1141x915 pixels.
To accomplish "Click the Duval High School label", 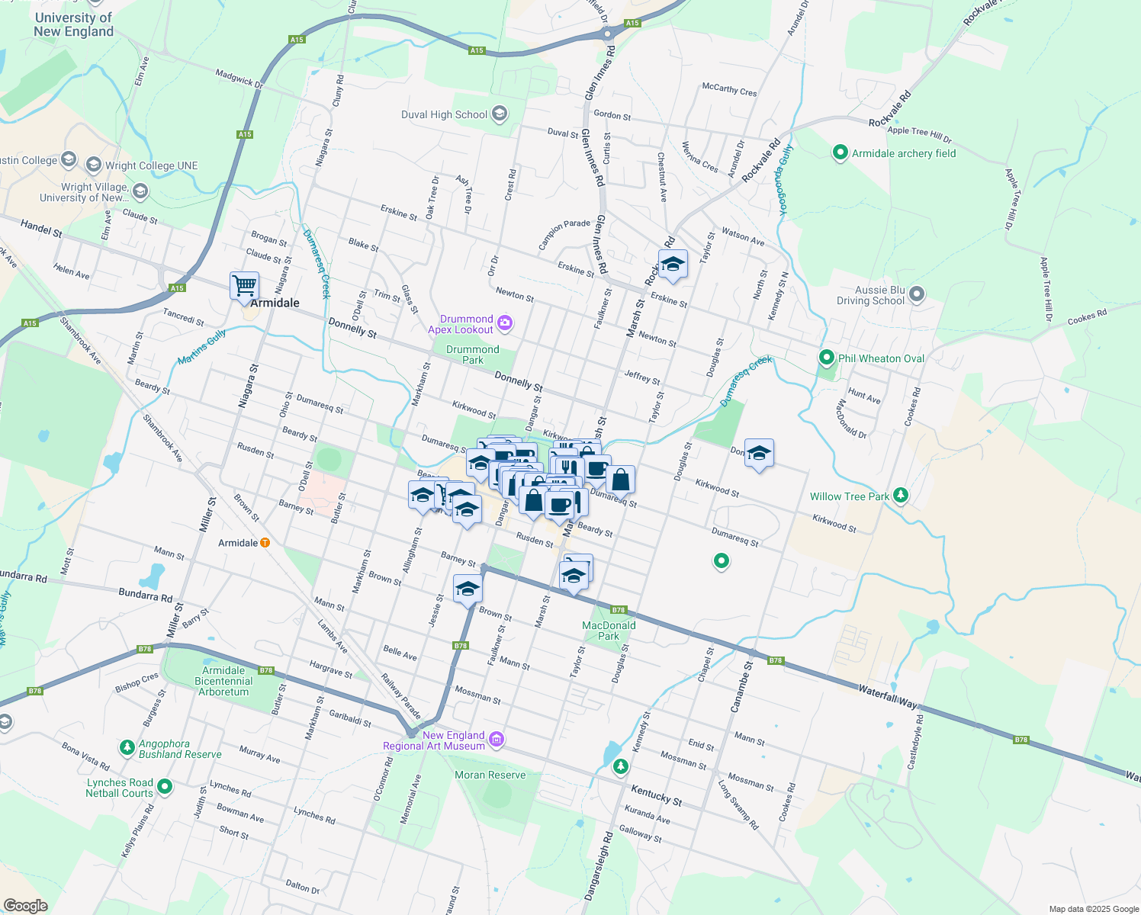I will point(444,115).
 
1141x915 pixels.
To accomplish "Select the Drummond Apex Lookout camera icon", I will point(505,324).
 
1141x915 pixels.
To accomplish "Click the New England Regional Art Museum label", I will point(434,740).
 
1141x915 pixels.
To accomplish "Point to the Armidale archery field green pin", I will point(840,152).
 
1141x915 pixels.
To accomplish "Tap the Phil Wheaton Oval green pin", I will point(826,358).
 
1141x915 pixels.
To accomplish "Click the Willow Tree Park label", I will point(850,496).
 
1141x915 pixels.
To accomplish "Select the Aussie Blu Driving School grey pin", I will point(917,294).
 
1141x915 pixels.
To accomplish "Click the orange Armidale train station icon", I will point(265,543).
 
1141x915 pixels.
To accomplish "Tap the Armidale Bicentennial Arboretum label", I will point(223,681).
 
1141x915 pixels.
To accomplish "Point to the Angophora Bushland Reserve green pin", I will point(127,744).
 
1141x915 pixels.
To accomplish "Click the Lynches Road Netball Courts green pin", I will point(165,787).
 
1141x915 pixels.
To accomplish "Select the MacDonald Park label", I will point(609,631).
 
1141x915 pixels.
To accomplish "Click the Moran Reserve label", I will point(490,775).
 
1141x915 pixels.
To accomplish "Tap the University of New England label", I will point(73,24).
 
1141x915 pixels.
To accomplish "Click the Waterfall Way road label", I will point(888,696).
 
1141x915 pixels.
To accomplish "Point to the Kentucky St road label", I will point(656,796).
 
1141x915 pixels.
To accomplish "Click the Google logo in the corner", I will point(25,906).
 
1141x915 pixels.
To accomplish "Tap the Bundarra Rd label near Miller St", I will point(145,595).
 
